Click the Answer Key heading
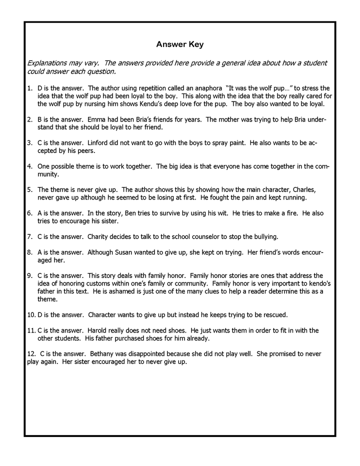[x=179, y=44]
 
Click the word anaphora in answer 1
[x=204, y=88]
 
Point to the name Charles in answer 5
[x=302, y=189]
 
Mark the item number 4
[x=29, y=166]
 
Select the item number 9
[x=29, y=275]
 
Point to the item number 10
[x=31, y=314]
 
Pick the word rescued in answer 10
[x=285, y=314]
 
